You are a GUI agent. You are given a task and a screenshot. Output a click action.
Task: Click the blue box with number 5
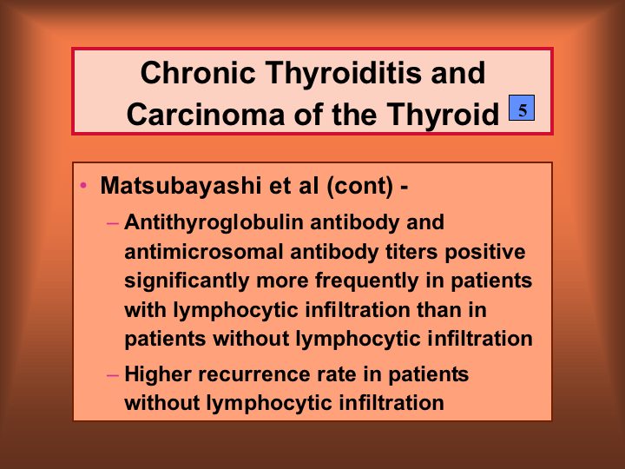[x=522, y=108]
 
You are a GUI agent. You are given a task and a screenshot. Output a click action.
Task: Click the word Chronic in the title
[x=198, y=73]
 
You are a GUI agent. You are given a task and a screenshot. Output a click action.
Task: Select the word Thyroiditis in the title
[x=343, y=73]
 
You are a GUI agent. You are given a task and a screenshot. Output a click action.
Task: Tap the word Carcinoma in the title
[x=205, y=114]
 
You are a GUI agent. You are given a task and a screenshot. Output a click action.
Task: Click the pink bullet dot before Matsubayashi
[x=83, y=185]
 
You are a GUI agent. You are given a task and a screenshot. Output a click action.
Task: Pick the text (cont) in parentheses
[x=360, y=186]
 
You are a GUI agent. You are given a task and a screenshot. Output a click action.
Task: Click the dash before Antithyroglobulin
[x=113, y=223]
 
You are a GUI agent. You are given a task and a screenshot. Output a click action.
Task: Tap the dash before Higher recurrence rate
[x=113, y=375]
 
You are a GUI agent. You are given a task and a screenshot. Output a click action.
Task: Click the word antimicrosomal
[x=204, y=252]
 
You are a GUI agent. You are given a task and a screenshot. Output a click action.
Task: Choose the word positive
[x=485, y=253]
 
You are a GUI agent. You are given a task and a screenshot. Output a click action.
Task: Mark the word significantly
[x=187, y=281]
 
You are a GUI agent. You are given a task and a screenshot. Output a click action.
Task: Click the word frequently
[x=366, y=281]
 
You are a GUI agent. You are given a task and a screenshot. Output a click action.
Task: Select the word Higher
[x=158, y=375]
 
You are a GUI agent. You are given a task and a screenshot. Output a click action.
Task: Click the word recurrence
[x=253, y=375]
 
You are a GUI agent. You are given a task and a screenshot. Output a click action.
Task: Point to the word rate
[x=337, y=375]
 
